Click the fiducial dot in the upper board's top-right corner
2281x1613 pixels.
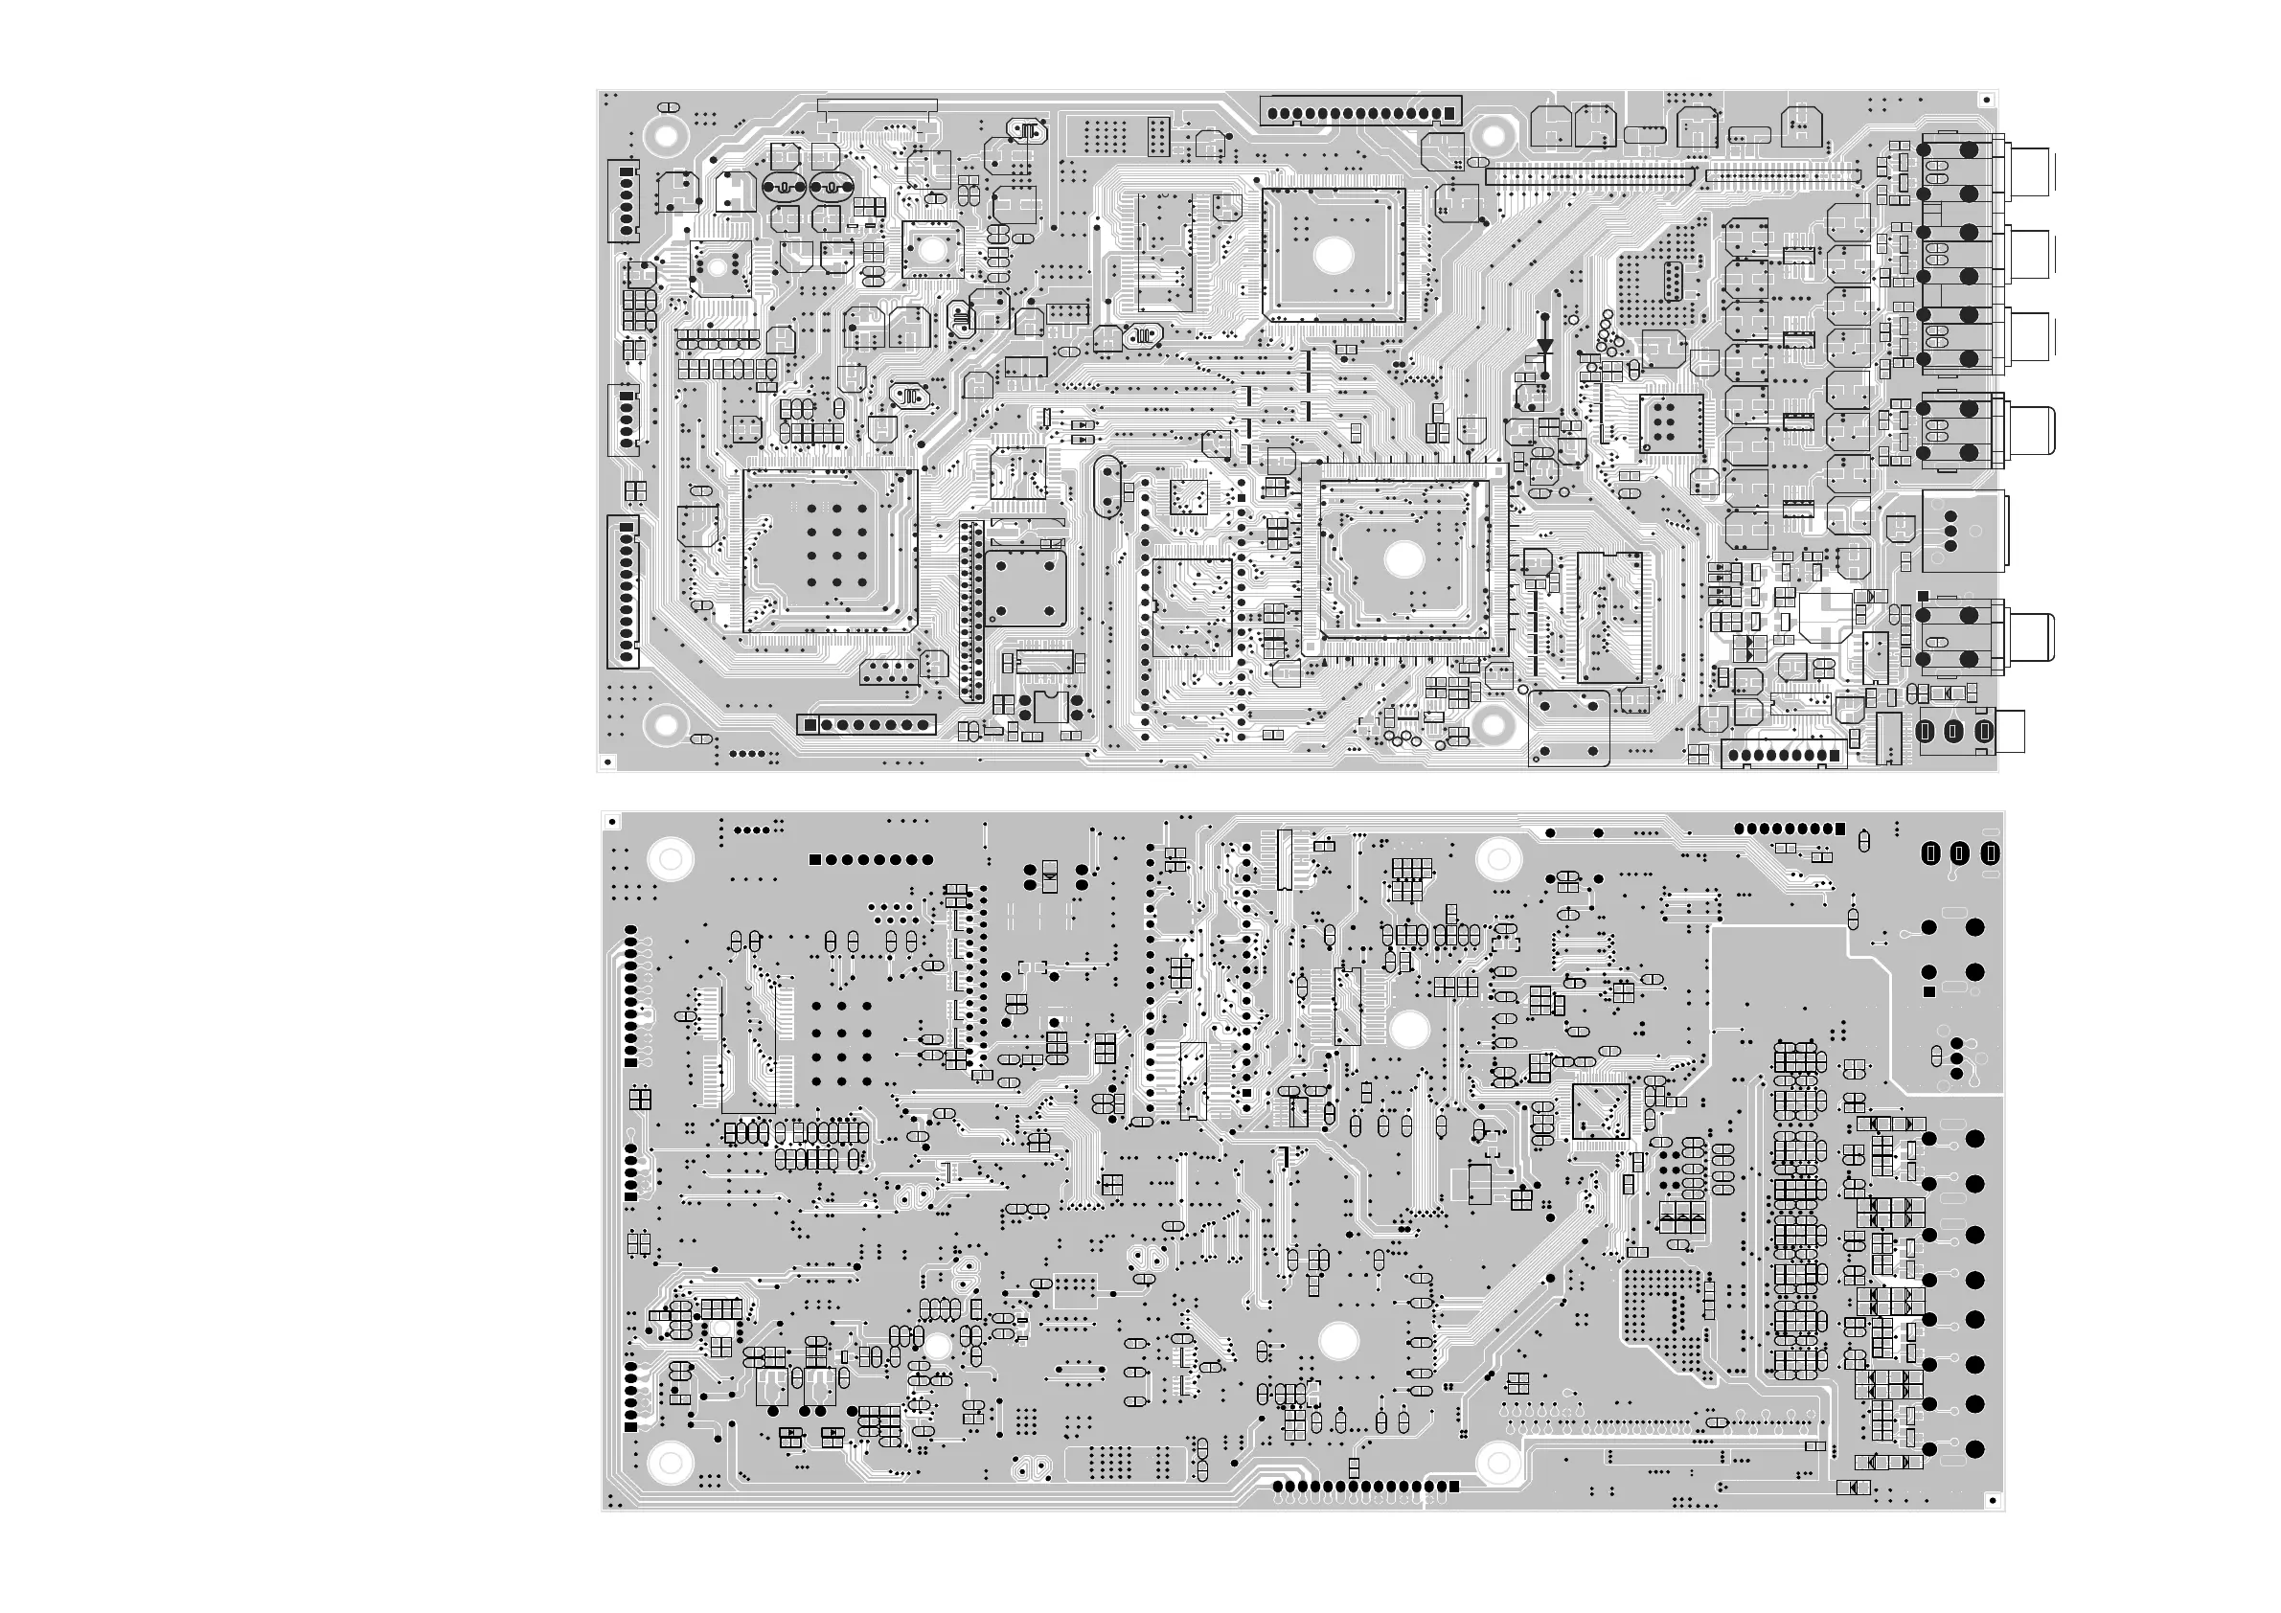tap(1986, 101)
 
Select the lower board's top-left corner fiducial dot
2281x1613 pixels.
tap(612, 822)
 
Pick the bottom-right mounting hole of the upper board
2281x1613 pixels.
tap(1493, 725)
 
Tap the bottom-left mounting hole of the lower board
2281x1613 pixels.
tap(670, 1462)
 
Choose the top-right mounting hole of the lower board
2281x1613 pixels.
tap(1498, 857)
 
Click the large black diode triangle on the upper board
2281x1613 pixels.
tap(1545, 347)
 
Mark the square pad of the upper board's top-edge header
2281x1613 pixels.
tap(1448, 114)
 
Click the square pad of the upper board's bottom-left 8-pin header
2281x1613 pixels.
tap(810, 725)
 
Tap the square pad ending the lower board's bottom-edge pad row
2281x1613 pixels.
tap(1454, 1487)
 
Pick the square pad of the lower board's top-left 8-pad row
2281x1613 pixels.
tap(815, 860)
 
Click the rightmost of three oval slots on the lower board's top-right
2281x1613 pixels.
tap(1989, 853)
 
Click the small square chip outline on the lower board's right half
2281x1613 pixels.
tap(1601, 1111)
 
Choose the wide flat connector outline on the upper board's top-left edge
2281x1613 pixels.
tap(878, 105)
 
